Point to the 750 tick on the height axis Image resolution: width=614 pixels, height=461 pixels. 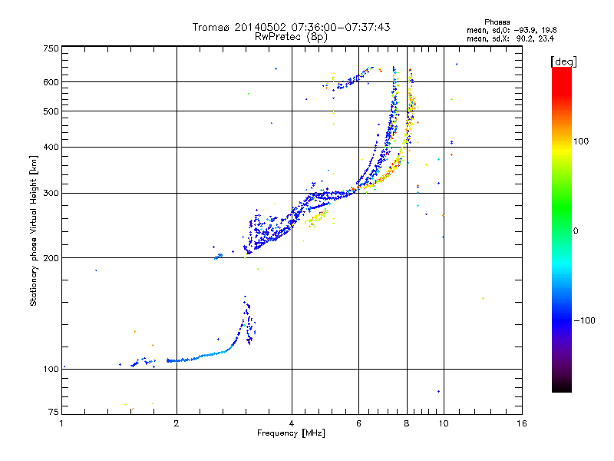[51, 48]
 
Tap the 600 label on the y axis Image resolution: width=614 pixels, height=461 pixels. [51, 82]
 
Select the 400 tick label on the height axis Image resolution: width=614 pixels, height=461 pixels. [51, 148]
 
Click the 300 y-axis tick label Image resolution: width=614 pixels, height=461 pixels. [51, 194]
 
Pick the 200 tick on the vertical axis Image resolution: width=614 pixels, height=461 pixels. [51, 258]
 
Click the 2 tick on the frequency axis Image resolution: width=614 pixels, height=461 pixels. [177, 423]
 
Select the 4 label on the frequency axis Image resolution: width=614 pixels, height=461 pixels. [292, 423]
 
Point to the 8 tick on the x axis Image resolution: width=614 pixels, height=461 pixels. [407, 423]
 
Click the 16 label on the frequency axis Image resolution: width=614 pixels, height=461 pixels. [521, 423]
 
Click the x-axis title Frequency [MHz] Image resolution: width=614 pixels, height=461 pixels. [291, 434]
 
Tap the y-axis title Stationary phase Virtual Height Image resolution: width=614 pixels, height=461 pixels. [34, 230]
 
